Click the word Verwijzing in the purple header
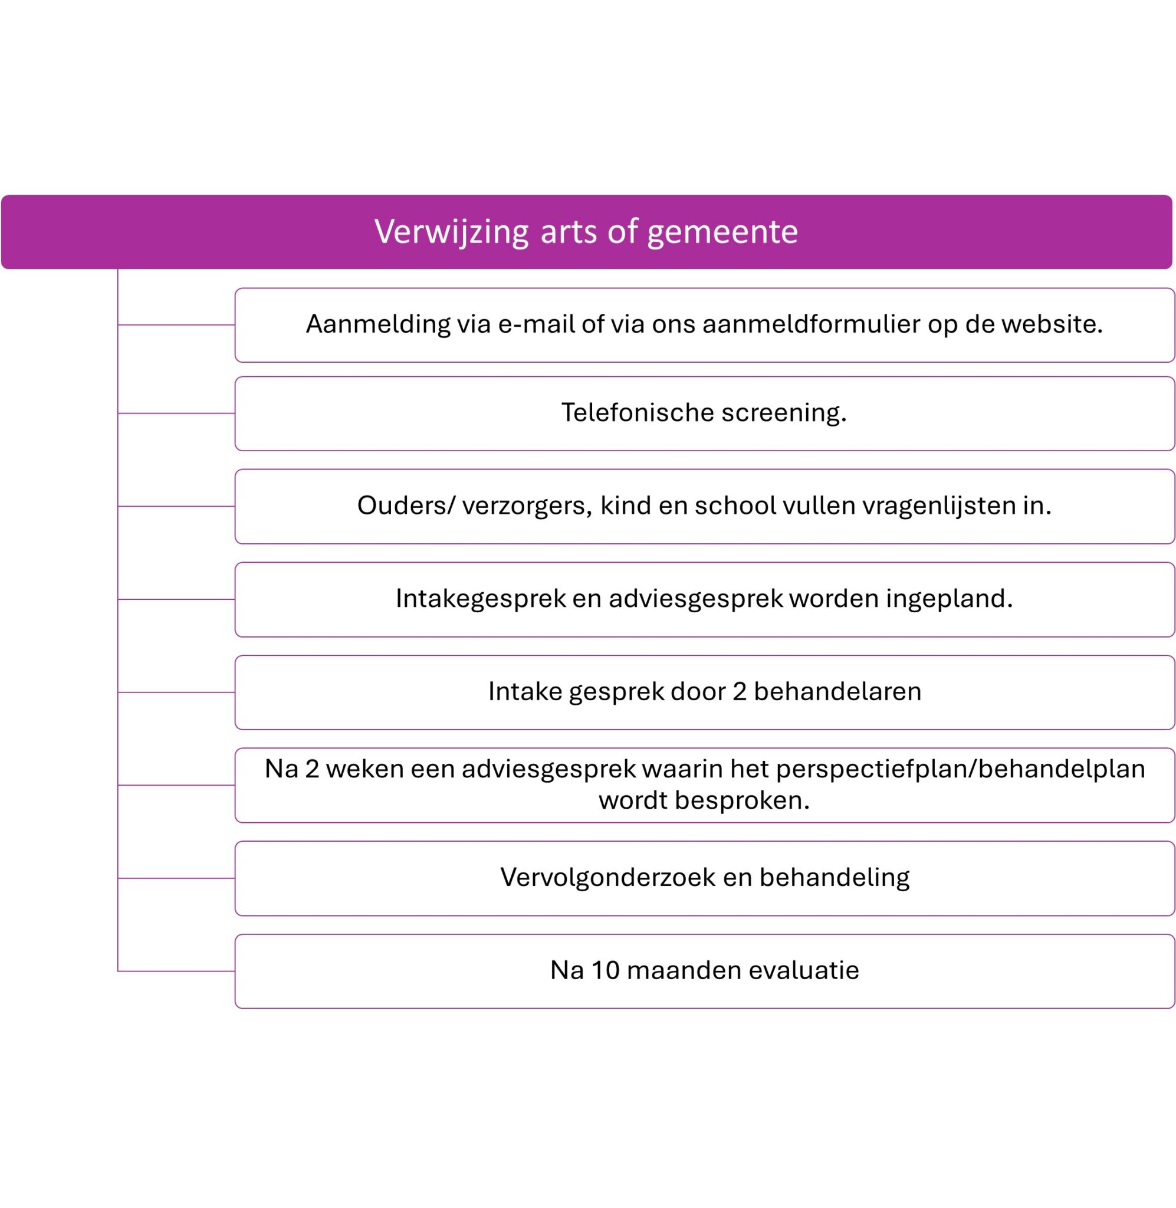click(452, 232)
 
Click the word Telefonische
click(637, 412)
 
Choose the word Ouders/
click(406, 506)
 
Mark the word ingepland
click(950, 599)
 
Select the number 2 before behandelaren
click(740, 692)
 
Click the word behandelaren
click(837, 692)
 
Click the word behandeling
click(835, 878)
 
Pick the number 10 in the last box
click(605, 971)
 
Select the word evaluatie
click(803, 971)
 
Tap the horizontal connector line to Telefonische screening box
click(176, 413)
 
